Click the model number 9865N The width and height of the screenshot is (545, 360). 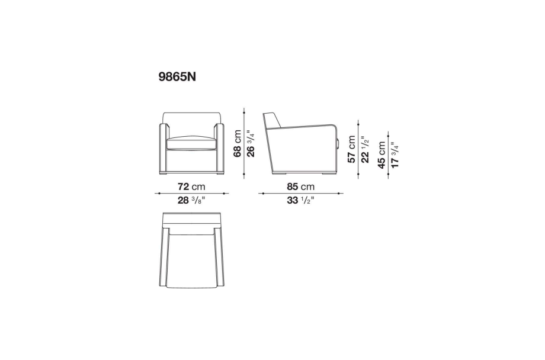tap(177, 77)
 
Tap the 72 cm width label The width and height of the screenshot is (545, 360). tap(191, 187)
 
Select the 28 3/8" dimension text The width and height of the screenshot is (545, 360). tap(191, 201)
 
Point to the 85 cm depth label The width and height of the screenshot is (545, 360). tap(301, 187)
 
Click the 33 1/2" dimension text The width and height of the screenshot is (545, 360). tap(300, 201)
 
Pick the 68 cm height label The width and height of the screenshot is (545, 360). tap(238, 143)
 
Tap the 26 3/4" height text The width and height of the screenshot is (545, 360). tap(251, 143)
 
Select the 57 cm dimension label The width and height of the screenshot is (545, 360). tap(351, 149)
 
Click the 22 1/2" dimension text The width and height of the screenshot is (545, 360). tap(364, 149)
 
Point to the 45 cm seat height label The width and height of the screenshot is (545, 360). tap(381, 155)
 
